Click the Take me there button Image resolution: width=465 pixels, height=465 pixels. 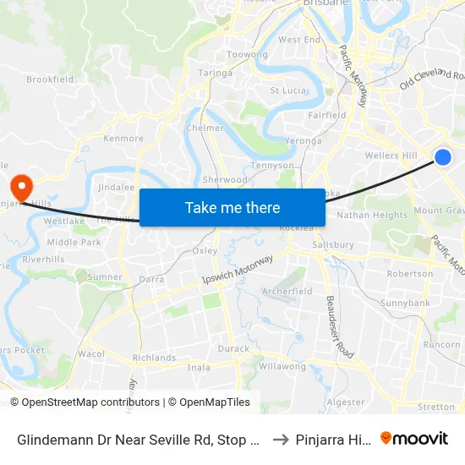(x=232, y=208)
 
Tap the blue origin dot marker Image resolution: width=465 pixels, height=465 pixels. (x=442, y=156)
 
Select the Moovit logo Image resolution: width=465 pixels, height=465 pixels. (x=414, y=439)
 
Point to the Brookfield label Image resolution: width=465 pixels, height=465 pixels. (x=50, y=79)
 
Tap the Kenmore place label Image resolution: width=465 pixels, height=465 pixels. (x=123, y=138)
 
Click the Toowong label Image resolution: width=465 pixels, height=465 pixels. (x=248, y=55)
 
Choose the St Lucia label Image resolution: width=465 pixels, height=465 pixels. (x=287, y=90)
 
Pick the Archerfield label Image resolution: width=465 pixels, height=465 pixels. (x=287, y=292)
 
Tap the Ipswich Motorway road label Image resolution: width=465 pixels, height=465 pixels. (x=238, y=273)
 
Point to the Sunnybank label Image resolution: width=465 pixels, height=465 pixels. (x=405, y=303)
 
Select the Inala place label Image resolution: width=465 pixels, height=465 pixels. (x=199, y=368)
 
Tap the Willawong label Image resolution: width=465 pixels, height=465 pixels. (x=282, y=367)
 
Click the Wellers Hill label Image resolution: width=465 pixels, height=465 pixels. (x=391, y=156)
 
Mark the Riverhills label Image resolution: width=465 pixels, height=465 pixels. (x=43, y=260)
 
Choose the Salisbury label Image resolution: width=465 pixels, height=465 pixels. (x=333, y=245)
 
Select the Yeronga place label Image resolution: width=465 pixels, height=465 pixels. (x=303, y=141)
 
